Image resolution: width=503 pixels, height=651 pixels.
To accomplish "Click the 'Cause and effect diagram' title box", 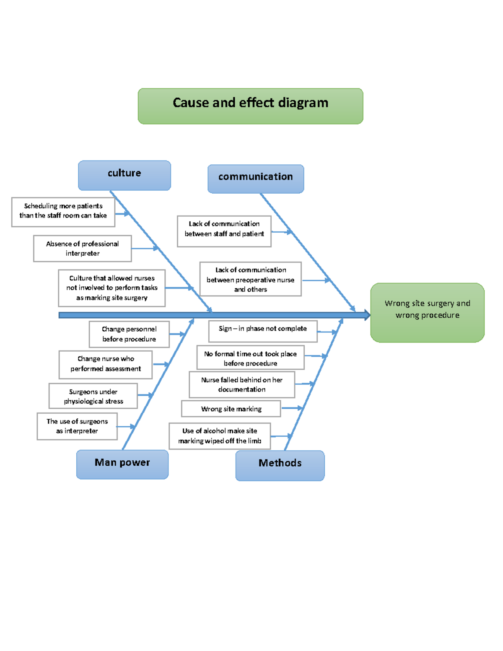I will [250, 106].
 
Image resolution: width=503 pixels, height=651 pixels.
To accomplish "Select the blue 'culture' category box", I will [124, 175].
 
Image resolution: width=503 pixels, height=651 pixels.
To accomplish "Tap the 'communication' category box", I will [256, 179].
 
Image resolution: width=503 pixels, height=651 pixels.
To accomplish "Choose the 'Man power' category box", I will [122, 464].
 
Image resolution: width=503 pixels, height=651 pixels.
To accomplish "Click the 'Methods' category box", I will [280, 465].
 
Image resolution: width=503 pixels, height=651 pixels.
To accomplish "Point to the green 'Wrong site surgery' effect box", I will [427, 312].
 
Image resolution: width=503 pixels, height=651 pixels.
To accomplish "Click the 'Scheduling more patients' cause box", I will [63, 212].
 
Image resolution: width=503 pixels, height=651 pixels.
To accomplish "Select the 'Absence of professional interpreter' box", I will [83, 249].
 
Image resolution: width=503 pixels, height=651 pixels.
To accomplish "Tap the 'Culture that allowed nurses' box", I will [111, 288].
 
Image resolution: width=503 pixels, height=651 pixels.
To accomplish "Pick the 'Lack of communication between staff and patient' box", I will [224, 231].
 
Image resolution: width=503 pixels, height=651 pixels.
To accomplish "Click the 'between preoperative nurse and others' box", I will [250, 279].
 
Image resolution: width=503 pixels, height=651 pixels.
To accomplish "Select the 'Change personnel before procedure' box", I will [129, 334].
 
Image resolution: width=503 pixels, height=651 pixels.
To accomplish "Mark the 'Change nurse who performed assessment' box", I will [106, 364].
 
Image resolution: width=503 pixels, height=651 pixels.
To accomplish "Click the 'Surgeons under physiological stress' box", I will [93, 396].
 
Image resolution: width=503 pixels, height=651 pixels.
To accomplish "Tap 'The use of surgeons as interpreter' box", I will [77, 426].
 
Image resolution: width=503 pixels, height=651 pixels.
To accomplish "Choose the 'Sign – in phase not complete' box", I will [263, 331].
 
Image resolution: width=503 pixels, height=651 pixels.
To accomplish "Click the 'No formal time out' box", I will [250, 358].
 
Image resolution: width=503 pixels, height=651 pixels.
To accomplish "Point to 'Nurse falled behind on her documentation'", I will [242, 384].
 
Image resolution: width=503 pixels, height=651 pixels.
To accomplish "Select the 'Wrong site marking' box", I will [231, 409].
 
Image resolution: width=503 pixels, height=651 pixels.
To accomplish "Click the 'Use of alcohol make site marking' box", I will [220, 436].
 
